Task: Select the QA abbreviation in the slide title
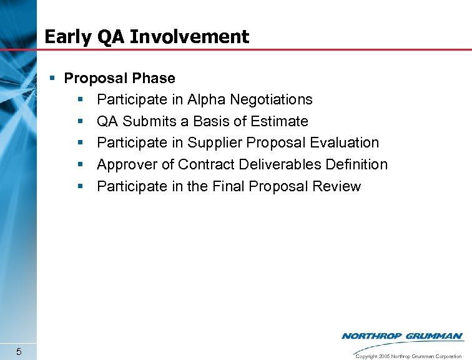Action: click(111, 37)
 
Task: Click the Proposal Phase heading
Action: click(120, 78)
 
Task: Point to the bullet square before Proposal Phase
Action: click(54, 78)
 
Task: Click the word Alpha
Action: click(206, 99)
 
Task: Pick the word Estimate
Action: click(279, 121)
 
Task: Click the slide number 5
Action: click(19, 351)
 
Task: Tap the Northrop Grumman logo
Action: click(402, 336)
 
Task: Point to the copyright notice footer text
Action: click(408, 356)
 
